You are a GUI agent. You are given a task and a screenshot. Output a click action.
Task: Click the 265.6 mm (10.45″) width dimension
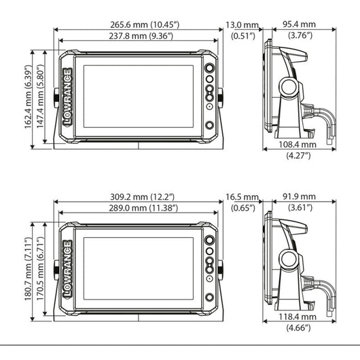[x=145, y=24]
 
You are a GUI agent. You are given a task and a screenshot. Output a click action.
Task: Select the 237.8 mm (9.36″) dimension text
[x=141, y=36]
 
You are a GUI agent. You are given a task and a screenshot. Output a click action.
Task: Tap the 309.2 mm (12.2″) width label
[x=143, y=197]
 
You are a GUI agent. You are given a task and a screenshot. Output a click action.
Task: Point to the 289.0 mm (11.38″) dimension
[x=143, y=208]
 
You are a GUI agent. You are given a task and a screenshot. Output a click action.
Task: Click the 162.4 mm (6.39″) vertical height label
[x=28, y=97]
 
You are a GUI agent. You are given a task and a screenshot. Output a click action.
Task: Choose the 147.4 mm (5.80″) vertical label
[x=40, y=96]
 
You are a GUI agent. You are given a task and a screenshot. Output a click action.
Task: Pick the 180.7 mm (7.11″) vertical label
[x=28, y=269]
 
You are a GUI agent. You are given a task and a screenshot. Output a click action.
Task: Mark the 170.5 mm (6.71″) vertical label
[x=40, y=269]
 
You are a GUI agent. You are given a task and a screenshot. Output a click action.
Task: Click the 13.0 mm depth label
[x=242, y=25]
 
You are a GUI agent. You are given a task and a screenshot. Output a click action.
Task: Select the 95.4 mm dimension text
[x=299, y=24]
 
